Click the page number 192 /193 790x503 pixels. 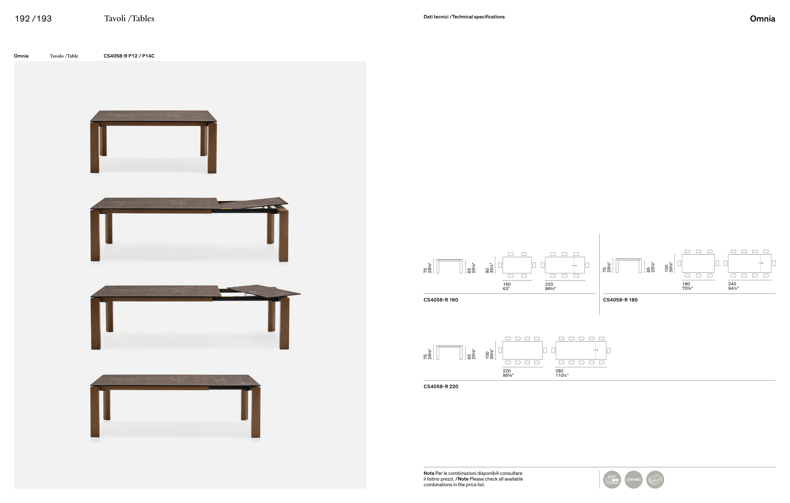click(x=33, y=19)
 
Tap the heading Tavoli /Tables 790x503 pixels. click(x=129, y=19)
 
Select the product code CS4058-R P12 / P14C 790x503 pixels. click(x=129, y=56)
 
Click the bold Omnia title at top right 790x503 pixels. click(x=762, y=19)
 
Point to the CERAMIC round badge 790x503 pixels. click(x=633, y=479)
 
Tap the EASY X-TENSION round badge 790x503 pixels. click(x=612, y=479)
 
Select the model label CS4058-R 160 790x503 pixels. click(x=441, y=300)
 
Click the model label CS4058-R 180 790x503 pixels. click(x=620, y=300)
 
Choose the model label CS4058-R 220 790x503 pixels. click(x=441, y=387)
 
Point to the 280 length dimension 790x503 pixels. click(x=559, y=371)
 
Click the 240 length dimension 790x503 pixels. click(x=732, y=284)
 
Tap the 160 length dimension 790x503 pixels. click(x=506, y=284)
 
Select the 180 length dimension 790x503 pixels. click(x=686, y=284)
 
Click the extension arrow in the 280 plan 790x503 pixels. click(x=596, y=350)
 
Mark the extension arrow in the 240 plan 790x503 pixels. click(x=761, y=263)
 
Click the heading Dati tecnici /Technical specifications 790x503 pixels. click(x=464, y=17)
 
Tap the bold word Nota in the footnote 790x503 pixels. click(x=428, y=473)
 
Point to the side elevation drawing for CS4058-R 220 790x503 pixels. click(x=449, y=352)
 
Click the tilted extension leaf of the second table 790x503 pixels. click(x=253, y=203)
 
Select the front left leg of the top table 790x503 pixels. click(x=95, y=148)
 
